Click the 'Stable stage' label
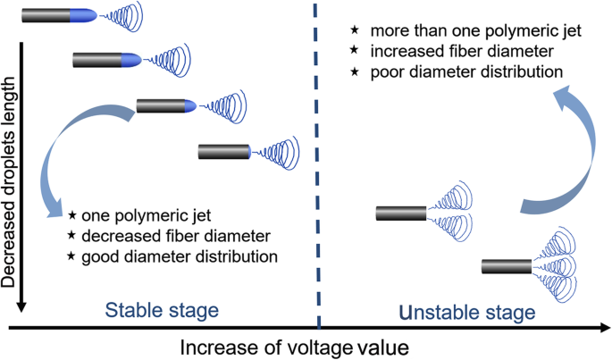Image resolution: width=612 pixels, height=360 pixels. click(162, 311)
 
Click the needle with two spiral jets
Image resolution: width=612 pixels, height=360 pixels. click(401, 213)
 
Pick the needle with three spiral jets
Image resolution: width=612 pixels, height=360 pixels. click(507, 265)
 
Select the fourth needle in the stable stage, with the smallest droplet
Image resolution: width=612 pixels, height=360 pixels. click(222, 152)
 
